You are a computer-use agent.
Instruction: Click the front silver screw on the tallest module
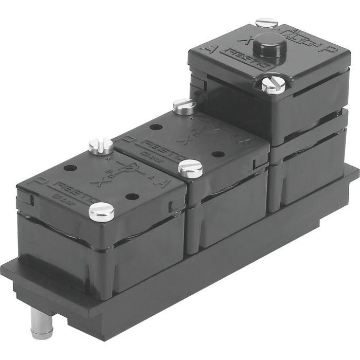273,83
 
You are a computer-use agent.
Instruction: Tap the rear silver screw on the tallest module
266,22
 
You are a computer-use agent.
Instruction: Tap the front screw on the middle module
190,168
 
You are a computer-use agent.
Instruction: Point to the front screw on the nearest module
101,210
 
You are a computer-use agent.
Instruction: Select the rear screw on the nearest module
100,146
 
